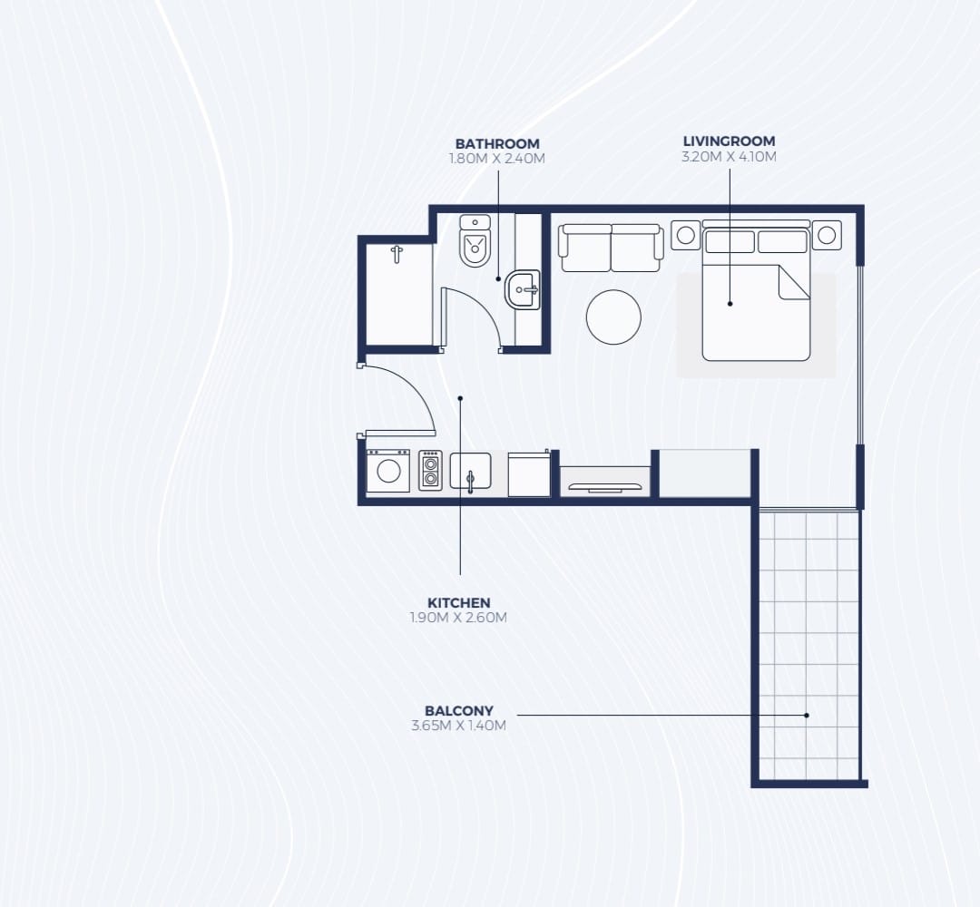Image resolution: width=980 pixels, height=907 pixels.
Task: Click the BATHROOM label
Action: [x=497, y=143]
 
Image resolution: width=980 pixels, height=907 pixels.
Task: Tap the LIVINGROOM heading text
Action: [x=729, y=141]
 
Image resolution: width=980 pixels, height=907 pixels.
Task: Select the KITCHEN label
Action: [x=459, y=603]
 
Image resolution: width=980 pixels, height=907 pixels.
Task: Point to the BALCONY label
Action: [x=459, y=710]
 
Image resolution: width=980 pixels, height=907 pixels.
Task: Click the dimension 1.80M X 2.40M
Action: [x=497, y=159]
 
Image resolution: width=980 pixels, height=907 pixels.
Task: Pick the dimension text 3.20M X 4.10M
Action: [x=729, y=156]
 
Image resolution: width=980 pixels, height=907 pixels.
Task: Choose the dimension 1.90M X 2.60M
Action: [x=459, y=618]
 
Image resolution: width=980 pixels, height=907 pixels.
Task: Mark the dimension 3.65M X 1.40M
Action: [x=459, y=726]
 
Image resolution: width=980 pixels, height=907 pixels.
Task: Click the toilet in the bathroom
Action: [x=475, y=241]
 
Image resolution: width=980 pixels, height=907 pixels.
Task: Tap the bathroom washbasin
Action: [x=523, y=290]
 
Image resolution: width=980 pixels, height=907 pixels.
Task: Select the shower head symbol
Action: [x=397, y=254]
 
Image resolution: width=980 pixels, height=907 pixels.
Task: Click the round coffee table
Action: [x=613, y=317]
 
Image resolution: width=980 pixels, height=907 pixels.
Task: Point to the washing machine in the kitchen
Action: [x=388, y=471]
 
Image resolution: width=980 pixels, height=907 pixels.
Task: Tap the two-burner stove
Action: [x=430, y=471]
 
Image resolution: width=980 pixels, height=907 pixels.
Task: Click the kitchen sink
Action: [x=471, y=472]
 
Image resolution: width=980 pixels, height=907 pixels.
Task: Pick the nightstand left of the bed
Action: [x=686, y=235]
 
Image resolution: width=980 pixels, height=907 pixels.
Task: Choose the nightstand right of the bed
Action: [x=827, y=235]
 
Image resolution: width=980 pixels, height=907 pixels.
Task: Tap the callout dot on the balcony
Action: [x=807, y=716]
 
